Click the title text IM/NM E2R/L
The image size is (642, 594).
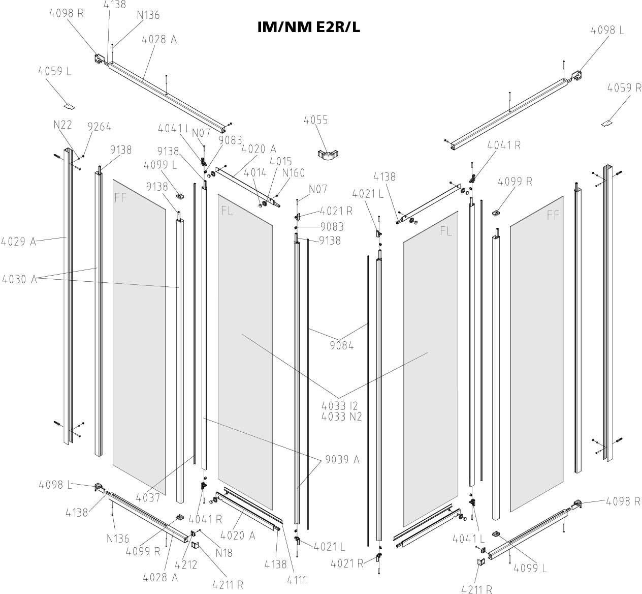[309, 27]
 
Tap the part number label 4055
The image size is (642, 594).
[316, 120]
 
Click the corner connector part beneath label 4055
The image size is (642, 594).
[324, 154]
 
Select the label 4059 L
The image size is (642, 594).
[54, 71]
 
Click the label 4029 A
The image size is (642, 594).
[19, 242]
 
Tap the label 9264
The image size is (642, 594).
[99, 127]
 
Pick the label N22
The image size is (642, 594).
[63, 125]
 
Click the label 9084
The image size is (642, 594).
[341, 346]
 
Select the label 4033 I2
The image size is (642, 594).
[340, 406]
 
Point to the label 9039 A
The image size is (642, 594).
[342, 460]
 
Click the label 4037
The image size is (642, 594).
[148, 498]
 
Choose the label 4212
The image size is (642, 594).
[186, 564]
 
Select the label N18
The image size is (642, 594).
[223, 552]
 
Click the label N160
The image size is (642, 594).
[294, 173]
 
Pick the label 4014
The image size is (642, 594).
[255, 173]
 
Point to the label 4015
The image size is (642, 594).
[281, 161]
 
